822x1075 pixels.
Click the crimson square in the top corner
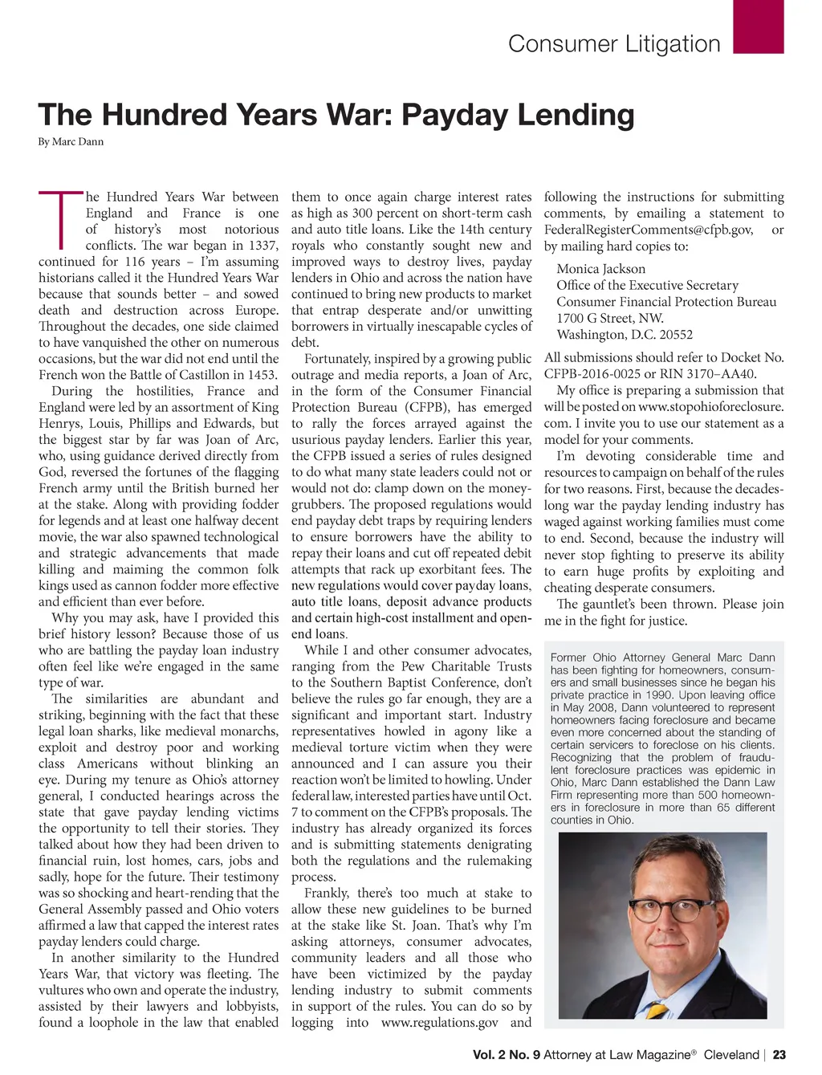(759, 27)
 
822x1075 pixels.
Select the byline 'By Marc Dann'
(71, 142)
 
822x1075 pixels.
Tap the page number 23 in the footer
(779, 1055)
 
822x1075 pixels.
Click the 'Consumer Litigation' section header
(614, 43)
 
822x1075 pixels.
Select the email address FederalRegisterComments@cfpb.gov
(648, 230)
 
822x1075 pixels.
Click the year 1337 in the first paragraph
(261, 246)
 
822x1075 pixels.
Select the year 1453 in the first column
(261, 375)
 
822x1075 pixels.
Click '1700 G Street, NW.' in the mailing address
(610, 319)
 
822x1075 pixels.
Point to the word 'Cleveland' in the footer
(731, 1055)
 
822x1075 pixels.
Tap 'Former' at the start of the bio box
(568, 658)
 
